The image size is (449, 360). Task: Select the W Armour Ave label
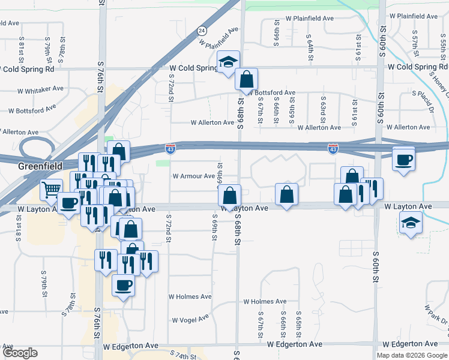tap(193, 176)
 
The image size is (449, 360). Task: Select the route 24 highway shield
tap(202, 30)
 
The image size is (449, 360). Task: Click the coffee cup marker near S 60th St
tap(403, 159)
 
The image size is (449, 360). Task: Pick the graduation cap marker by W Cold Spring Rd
tap(228, 62)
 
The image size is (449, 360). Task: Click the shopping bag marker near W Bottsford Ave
tap(246, 78)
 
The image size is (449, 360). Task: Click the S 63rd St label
tap(322, 106)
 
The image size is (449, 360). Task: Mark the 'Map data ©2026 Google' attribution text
tap(412, 355)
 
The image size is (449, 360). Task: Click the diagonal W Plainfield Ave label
tap(223, 37)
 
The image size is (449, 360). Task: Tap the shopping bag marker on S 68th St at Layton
tap(229, 195)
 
